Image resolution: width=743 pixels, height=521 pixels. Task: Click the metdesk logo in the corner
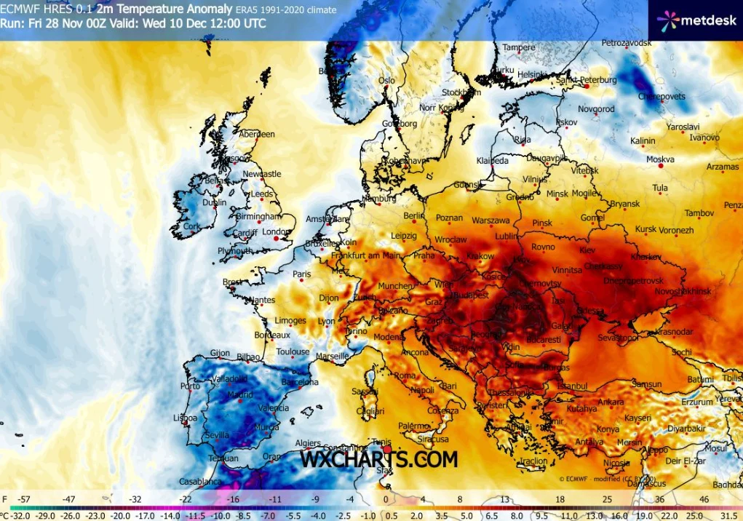click(695, 20)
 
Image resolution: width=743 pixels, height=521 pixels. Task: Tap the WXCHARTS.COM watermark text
click(379, 459)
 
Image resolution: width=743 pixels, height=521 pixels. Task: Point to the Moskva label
click(660, 159)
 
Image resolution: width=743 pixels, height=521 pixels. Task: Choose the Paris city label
click(301, 274)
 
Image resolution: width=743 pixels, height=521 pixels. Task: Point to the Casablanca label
click(199, 482)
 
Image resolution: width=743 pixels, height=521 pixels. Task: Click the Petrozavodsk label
click(627, 43)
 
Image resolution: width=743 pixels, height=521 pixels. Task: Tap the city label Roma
click(404, 375)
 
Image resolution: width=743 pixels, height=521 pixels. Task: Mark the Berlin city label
click(413, 215)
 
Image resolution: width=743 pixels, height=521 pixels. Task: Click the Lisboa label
click(185, 418)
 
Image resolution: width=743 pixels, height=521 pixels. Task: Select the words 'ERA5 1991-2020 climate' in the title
click(286, 10)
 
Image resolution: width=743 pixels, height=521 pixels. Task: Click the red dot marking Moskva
click(661, 167)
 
